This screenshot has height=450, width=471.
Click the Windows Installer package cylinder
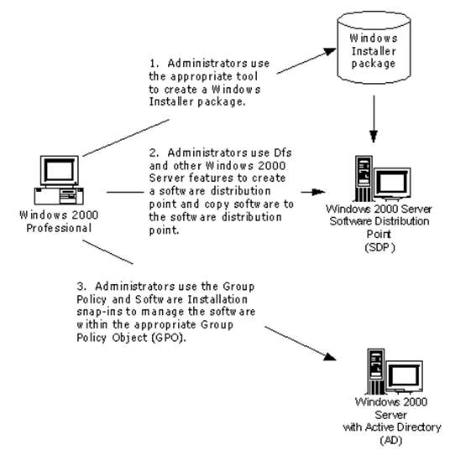[374, 48]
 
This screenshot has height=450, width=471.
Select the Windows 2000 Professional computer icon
[59, 180]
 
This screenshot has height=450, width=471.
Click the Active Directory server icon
[395, 372]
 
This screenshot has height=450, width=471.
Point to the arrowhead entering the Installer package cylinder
[331, 52]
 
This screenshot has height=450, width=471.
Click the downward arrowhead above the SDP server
[374, 137]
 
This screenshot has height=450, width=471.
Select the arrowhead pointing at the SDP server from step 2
[319, 192]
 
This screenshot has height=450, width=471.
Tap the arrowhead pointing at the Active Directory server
[331, 357]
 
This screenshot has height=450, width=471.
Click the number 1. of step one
[154, 64]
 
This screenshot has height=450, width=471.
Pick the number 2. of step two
[154, 153]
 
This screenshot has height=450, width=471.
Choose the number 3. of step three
[81, 287]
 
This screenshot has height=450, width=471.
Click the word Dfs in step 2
[283, 153]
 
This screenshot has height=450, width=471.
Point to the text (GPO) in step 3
[169, 338]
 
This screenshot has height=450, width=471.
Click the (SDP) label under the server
[379, 248]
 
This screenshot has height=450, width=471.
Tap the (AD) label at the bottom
[390, 441]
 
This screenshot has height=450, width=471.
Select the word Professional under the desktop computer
[59, 228]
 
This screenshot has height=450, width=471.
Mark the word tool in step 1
[247, 76]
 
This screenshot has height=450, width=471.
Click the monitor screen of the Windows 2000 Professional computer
[59, 170]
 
